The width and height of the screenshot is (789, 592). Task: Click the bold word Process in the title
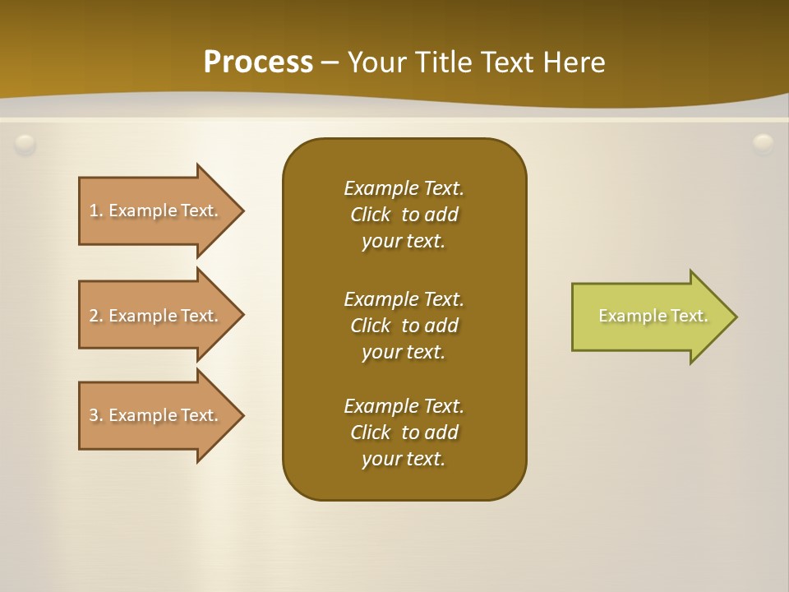[x=258, y=62]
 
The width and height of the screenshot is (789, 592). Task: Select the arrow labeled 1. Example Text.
[x=156, y=210]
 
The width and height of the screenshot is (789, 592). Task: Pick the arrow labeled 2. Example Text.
[x=156, y=316]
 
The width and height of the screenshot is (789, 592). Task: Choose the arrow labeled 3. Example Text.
[x=156, y=415]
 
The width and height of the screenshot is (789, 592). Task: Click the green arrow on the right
[x=649, y=316]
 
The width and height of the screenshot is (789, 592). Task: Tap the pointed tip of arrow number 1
[x=241, y=210]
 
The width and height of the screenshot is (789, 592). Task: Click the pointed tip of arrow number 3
[x=241, y=415]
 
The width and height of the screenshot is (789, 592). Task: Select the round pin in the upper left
[x=25, y=145]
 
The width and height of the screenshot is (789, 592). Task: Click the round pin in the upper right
[x=763, y=145]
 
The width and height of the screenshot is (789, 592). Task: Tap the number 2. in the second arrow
[x=96, y=316]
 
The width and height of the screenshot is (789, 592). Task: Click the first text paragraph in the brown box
[x=404, y=215]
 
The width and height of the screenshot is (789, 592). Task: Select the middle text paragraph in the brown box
[x=404, y=325]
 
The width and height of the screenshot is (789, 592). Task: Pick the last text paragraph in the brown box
[x=404, y=432]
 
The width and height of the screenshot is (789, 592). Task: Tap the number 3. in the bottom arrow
[x=96, y=415]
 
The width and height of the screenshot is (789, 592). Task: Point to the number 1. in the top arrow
[x=96, y=210]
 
